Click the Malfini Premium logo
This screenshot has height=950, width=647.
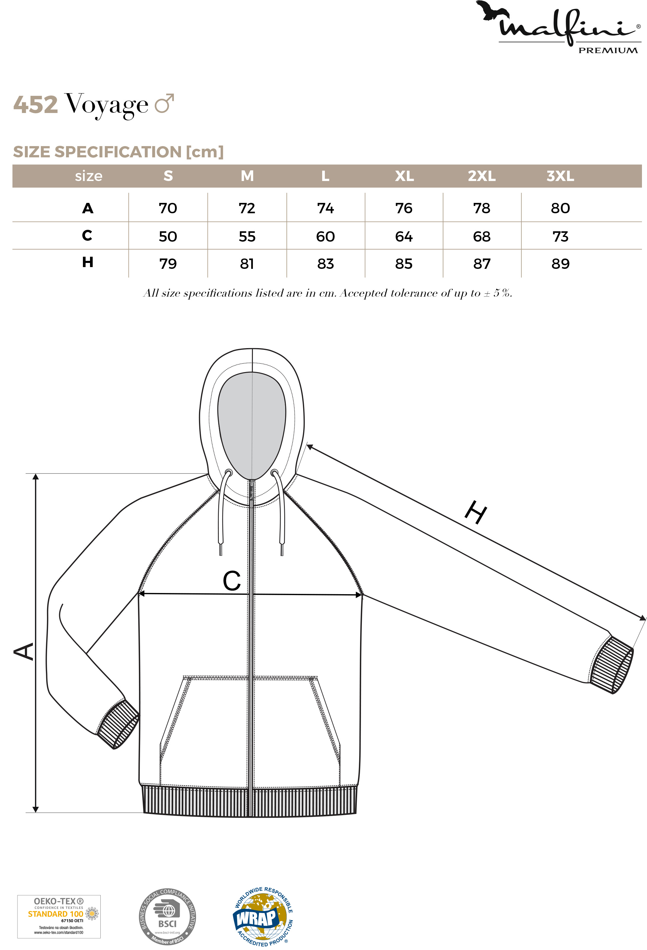coord(558,27)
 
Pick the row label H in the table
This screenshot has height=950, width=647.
coord(88,262)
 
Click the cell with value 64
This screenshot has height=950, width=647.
coord(404,236)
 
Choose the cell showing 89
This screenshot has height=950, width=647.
coord(560,264)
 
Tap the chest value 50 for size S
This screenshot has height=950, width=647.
coord(168,236)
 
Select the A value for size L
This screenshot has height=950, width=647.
coord(325,208)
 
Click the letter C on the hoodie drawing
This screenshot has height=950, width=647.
coord(232,581)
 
